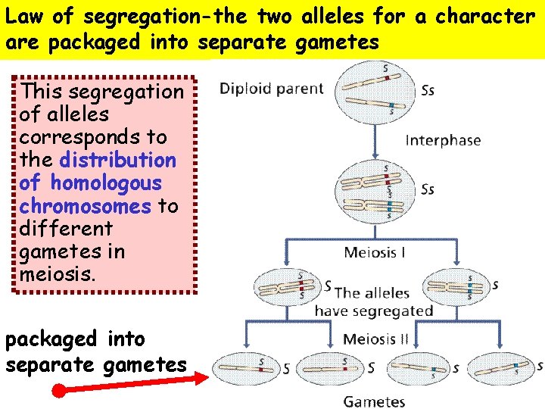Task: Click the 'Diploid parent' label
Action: (271, 89)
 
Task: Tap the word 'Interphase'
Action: (443, 140)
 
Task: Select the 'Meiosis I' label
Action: (375, 253)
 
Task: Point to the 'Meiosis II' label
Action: (375, 339)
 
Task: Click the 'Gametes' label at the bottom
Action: (375, 401)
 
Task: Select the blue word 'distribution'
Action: (117, 161)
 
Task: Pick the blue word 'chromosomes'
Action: (86, 206)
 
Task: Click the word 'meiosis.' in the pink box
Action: (58, 273)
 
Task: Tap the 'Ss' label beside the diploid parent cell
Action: (428, 91)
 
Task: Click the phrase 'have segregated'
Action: (373, 311)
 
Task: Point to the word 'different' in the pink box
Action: (66, 228)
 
